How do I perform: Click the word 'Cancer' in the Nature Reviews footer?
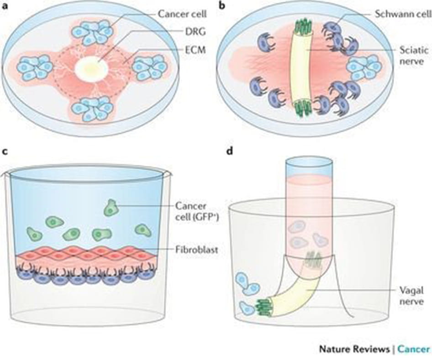pos(413,350)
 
